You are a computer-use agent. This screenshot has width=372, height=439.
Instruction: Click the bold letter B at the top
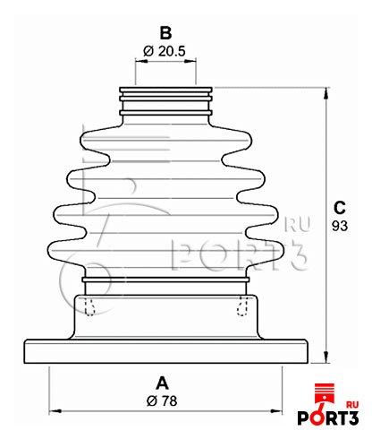click(x=165, y=33)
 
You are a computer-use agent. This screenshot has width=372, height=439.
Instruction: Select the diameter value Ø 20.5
click(x=165, y=51)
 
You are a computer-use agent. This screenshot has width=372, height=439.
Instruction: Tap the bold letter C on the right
click(x=340, y=208)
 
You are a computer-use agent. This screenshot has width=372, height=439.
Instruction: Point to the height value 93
click(x=340, y=226)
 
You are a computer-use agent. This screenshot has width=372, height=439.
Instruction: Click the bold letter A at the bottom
click(x=162, y=383)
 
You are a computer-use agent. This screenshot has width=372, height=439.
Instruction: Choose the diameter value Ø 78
click(x=162, y=400)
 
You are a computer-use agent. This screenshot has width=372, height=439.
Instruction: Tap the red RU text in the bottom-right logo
click(x=352, y=405)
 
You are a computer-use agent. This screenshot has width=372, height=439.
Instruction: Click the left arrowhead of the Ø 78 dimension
click(x=55, y=411)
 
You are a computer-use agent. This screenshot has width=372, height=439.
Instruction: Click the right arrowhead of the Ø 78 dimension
click(x=276, y=411)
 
